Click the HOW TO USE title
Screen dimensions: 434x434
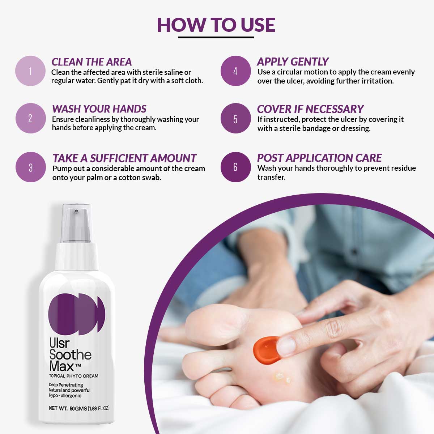click(x=216, y=25)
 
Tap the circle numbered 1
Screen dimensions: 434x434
click(x=30, y=71)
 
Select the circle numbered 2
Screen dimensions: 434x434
click(x=30, y=118)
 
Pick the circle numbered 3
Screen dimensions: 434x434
click(x=31, y=167)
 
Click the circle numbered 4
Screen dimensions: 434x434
click(x=235, y=71)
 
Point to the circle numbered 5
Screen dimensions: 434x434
click(x=235, y=118)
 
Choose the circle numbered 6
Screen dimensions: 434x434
click(x=235, y=167)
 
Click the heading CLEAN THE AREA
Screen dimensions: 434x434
click(x=92, y=62)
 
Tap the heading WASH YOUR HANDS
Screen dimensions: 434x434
click(x=99, y=109)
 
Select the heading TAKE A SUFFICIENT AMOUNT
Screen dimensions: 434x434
click(x=124, y=158)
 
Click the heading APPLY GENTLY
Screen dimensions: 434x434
click(x=293, y=62)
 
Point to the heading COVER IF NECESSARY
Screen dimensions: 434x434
click(x=310, y=109)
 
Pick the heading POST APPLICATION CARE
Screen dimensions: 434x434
click(x=319, y=158)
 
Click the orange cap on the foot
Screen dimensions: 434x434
click(x=265, y=350)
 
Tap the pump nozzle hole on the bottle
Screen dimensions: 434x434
click(x=76, y=211)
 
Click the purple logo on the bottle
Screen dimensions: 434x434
click(x=77, y=314)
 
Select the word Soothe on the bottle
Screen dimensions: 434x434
click(x=70, y=354)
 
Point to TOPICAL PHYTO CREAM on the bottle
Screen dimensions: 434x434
click(x=74, y=376)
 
